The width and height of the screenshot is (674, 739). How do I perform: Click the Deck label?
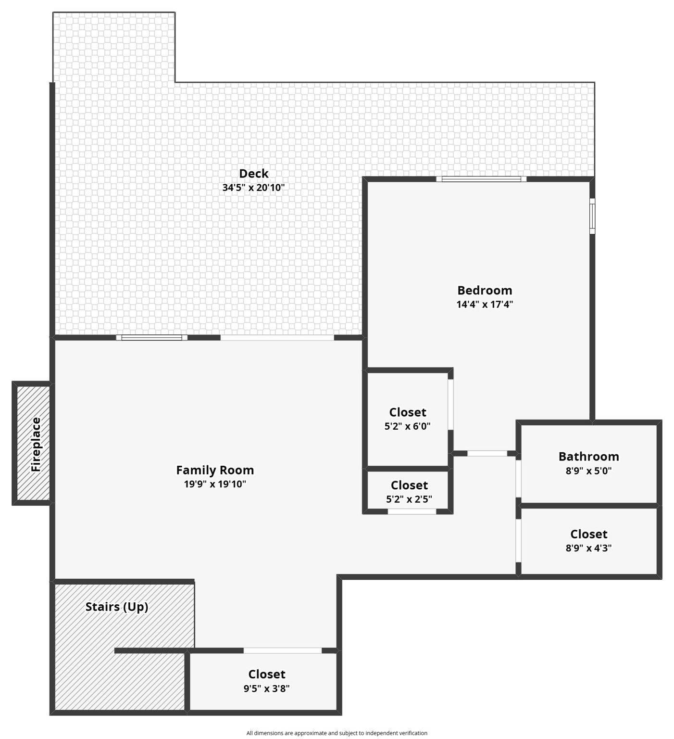pyautogui.click(x=253, y=173)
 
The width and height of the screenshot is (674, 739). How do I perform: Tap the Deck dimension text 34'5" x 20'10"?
pyautogui.click(x=253, y=188)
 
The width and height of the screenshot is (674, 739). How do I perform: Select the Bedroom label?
pyautogui.click(x=485, y=290)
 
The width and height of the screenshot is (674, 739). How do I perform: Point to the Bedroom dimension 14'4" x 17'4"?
pyautogui.click(x=485, y=304)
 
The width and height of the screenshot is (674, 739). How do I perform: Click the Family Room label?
pyautogui.click(x=215, y=470)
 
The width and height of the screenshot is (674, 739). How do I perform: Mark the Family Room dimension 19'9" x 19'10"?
pyautogui.click(x=215, y=484)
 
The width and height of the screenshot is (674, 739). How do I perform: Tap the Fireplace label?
pyautogui.click(x=36, y=444)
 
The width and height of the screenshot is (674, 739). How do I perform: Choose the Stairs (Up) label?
pyautogui.click(x=117, y=607)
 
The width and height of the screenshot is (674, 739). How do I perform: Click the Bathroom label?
pyautogui.click(x=588, y=456)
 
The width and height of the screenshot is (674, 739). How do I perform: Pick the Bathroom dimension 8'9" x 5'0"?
pyautogui.click(x=588, y=471)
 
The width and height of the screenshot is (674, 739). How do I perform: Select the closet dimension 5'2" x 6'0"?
pyautogui.click(x=408, y=426)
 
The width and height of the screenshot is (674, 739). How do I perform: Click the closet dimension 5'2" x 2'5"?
pyautogui.click(x=409, y=499)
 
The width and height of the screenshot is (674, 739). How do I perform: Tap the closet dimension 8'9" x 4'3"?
pyautogui.click(x=588, y=548)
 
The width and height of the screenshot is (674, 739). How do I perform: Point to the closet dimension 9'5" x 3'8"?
pyautogui.click(x=266, y=688)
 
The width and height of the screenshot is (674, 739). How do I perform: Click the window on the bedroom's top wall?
pyautogui.click(x=481, y=179)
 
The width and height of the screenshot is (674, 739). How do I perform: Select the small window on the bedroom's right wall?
pyautogui.click(x=592, y=216)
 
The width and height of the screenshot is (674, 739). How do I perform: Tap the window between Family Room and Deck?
pyautogui.click(x=151, y=337)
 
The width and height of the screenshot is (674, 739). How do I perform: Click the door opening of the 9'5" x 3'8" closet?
pyautogui.click(x=282, y=650)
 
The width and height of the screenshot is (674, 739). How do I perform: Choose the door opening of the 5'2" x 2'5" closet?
pyautogui.click(x=412, y=511)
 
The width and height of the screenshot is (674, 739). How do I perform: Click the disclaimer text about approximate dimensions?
pyautogui.click(x=337, y=733)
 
